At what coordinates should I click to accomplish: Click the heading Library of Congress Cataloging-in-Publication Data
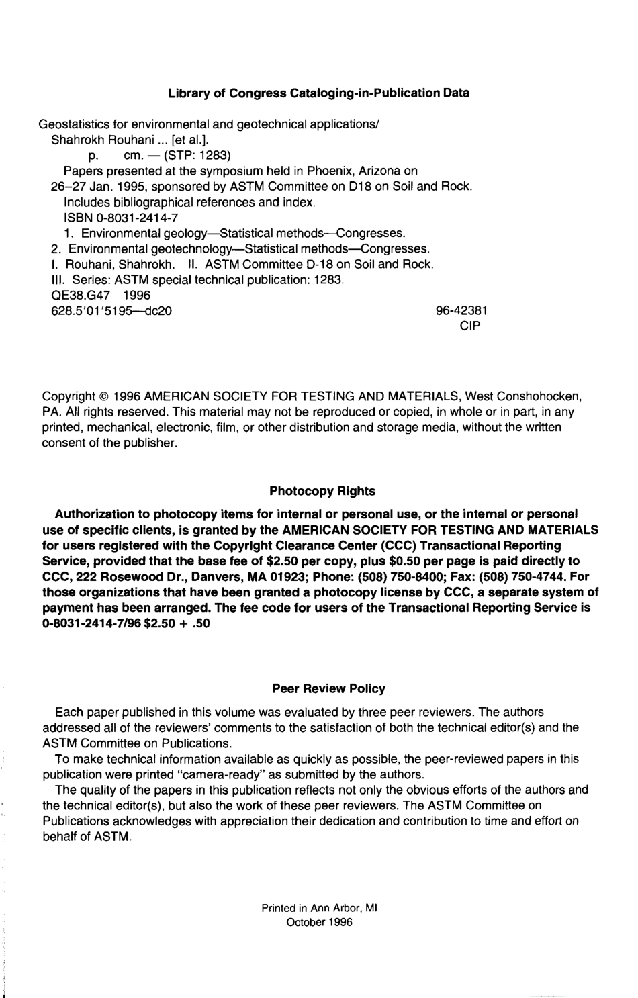tap(318, 93)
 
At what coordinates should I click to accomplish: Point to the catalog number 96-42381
tap(462, 311)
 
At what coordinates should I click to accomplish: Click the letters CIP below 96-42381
tap(469, 326)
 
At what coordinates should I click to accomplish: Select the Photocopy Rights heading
tap(322, 491)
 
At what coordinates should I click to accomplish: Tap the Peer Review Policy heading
tap(329, 688)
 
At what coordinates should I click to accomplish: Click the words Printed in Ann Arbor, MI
tap(320, 908)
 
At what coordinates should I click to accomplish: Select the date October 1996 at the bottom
tap(319, 923)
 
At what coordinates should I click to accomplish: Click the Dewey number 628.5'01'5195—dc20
tap(111, 311)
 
